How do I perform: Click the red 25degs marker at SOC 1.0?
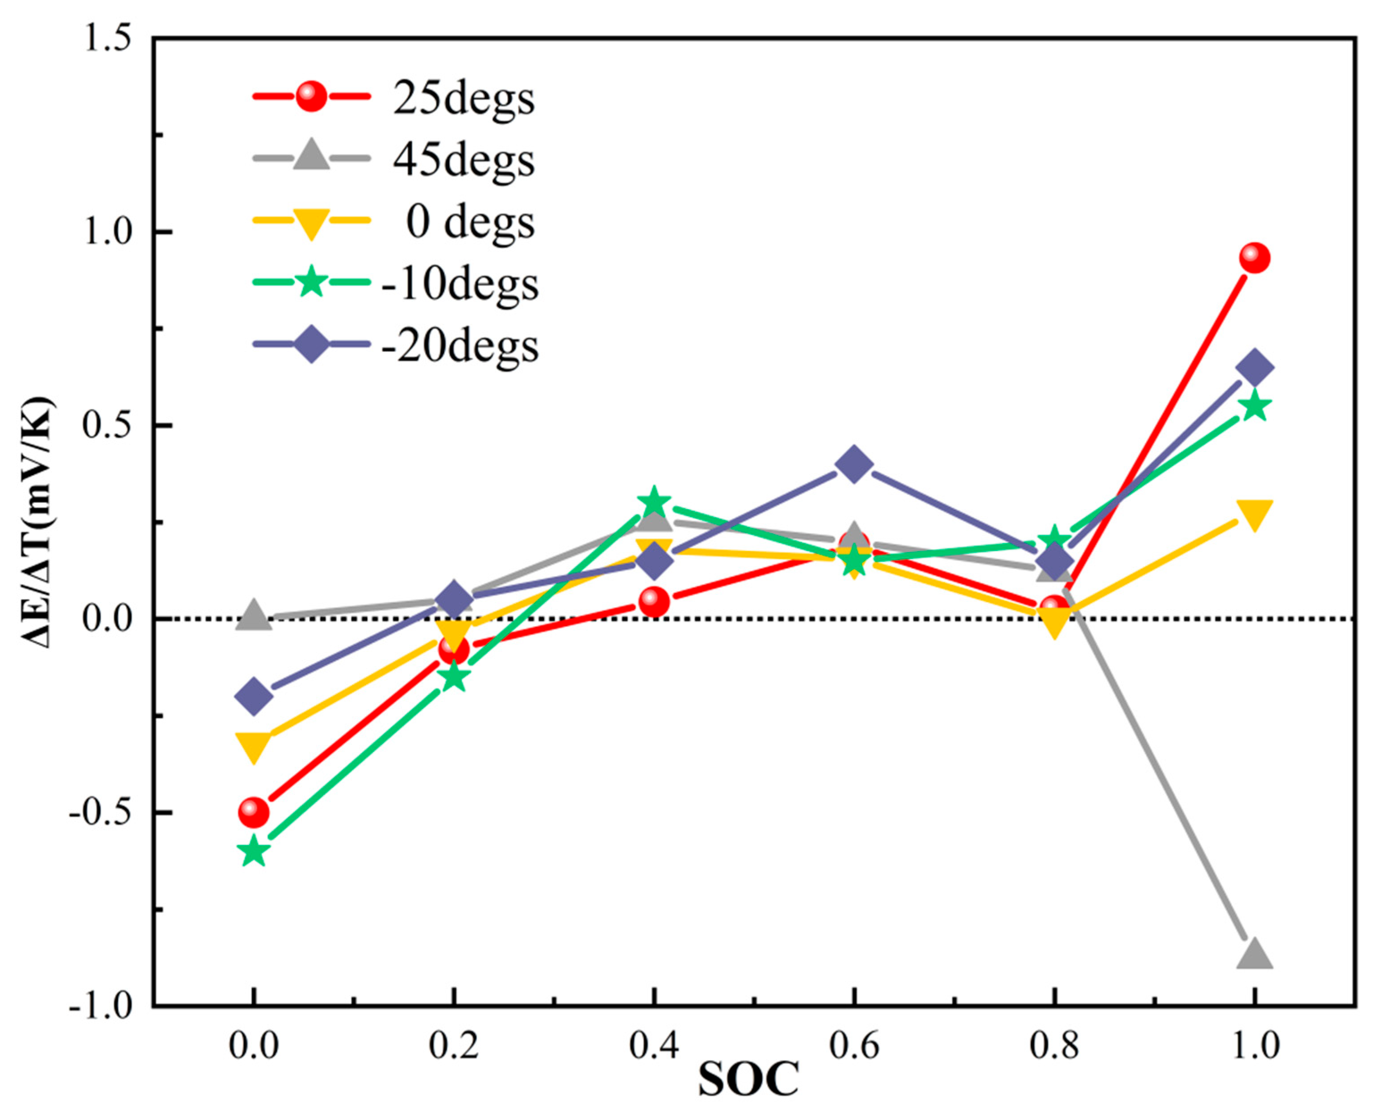[1254, 258]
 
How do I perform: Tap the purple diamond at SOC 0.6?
[854, 464]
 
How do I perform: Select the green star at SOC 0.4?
[653, 502]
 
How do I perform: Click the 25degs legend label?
[464, 99]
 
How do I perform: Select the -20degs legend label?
[459, 346]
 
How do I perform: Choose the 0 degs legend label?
[470, 223]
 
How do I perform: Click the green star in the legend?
[312, 282]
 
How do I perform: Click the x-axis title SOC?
[748, 1080]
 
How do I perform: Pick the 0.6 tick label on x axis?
[854, 1046]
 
